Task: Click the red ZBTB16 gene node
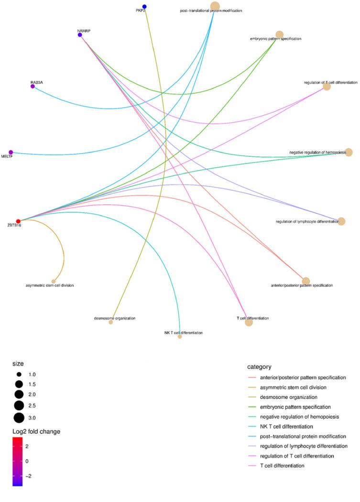tap(18, 221)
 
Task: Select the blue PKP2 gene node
tap(144, 7)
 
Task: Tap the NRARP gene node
tap(80, 35)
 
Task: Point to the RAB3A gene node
tap(33, 87)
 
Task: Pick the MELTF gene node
tap(11, 153)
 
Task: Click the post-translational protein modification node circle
tap(215, 6)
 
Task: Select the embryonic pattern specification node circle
tap(280, 34)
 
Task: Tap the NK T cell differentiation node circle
tap(180, 337)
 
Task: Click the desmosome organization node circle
tap(111, 322)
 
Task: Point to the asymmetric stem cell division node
tap(54, 281)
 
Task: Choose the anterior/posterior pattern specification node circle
tap(306, 281)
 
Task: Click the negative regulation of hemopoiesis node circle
tap(349, 152)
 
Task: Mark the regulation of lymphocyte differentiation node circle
tap(341, 221)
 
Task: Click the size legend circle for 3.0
tap(19, 418)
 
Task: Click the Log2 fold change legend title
tap(36, 432)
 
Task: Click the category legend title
tap(260, 367)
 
